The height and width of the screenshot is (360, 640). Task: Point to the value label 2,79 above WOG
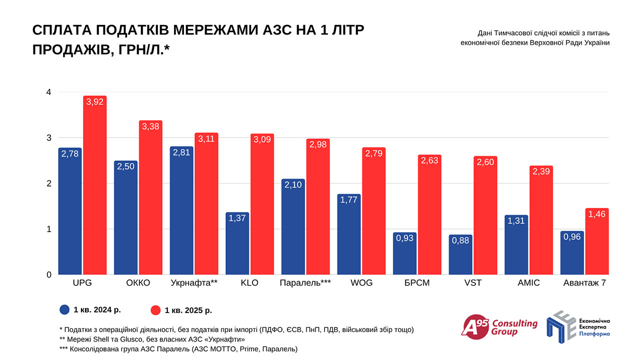pos(374,153)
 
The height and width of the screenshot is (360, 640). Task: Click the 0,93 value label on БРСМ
pos(405,238)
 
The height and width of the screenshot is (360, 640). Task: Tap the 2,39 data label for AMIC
pos(541,171)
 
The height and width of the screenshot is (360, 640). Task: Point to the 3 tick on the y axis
pos(48,138)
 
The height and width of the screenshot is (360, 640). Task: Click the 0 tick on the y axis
pos(48,274)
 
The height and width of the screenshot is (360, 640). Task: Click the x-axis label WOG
pos(361,283)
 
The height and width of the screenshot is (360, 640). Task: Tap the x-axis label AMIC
pos(529,283)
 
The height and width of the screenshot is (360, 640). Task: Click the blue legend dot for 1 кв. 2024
pos(64,309)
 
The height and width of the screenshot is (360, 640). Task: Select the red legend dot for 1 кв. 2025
pos(155,310)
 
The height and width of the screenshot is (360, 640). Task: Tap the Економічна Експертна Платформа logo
pos(577,325)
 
